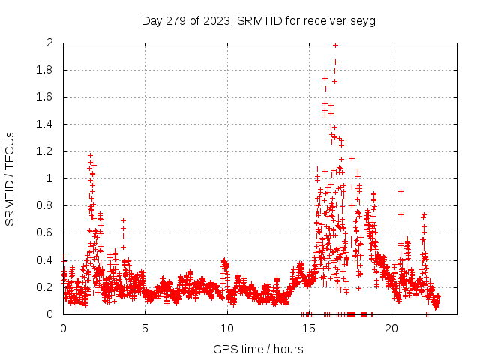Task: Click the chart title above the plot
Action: click(259, 20)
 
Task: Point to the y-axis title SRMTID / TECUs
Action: click(10, 178)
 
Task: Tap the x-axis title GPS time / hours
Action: click(259, 349)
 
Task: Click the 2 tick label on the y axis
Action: click(49, 43)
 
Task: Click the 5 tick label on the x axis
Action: click(145, 328)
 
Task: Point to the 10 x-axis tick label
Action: click(227, 328)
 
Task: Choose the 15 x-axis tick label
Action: click(309, 328)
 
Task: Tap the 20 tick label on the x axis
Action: click(391, 328)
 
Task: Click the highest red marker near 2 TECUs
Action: click(335, 45)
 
